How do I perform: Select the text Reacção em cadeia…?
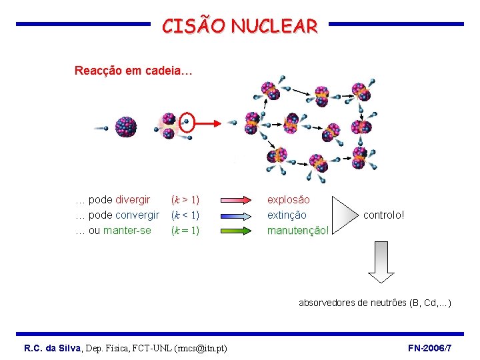133,71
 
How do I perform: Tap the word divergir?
133,199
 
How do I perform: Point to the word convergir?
137,215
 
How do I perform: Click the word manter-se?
127,231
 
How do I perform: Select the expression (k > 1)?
185,199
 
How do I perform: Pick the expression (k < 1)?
185,215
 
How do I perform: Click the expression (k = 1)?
185,231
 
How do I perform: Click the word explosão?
289,199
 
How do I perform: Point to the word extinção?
287,215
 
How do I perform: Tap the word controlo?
384,215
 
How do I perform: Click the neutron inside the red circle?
187,122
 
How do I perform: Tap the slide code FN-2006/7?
429,348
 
